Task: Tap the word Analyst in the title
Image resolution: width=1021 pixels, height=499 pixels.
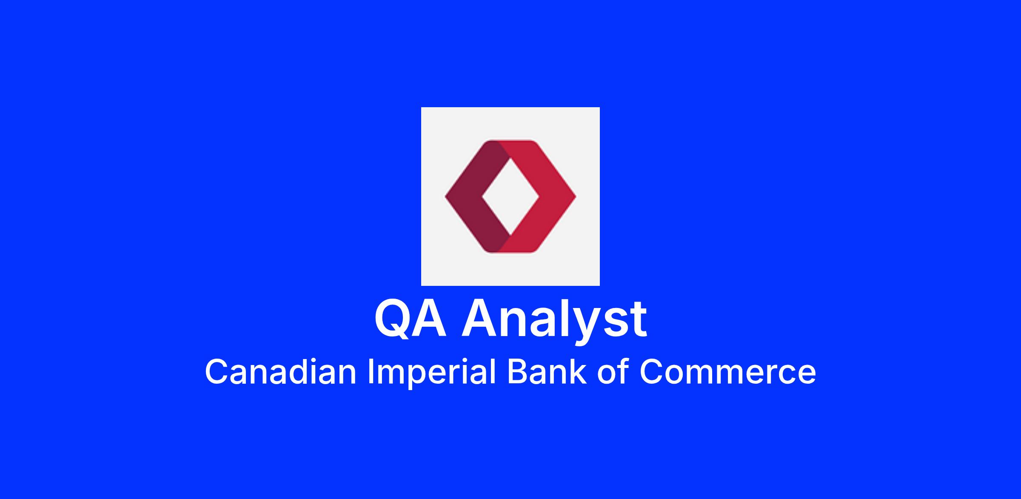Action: coord(555,321)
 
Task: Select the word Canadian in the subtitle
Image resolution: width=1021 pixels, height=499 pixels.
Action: coord(280,371)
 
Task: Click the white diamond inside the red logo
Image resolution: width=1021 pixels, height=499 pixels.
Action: coord(510,197)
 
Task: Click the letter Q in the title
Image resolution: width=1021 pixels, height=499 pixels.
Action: coord(393,319)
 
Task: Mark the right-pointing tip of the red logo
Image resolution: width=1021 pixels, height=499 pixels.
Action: coord(576,197)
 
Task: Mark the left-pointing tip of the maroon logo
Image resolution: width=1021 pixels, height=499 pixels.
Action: coord(445,197)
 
